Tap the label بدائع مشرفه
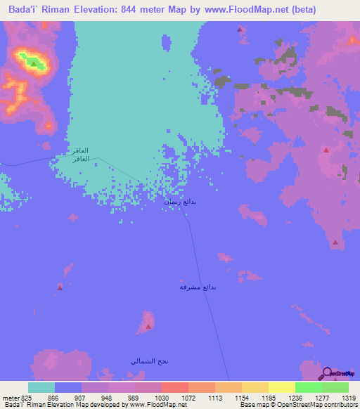[197, 287]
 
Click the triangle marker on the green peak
[33, 63]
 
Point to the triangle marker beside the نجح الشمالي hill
[148, 326]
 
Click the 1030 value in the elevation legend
[161, 398]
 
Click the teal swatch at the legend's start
[41, 387]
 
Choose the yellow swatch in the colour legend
[281, 387]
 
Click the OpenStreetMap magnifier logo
[326, 373]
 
